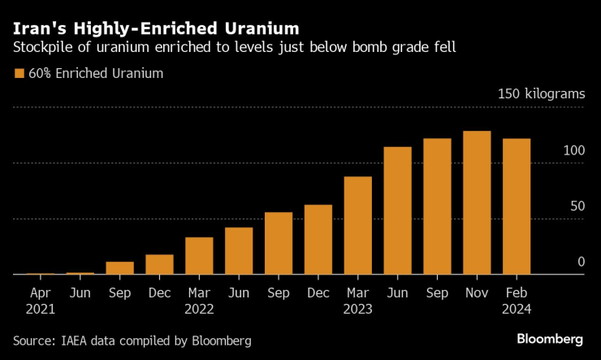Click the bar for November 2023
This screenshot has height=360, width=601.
pos(478,202)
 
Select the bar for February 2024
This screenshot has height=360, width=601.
pos(517,206)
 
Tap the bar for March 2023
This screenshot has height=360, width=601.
pos(358,225)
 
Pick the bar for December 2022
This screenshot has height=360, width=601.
pos(318,240)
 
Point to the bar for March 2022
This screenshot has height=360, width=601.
pos(199,256)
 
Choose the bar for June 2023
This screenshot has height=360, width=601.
pos(398,210)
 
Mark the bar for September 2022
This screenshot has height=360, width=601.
pos(279,243)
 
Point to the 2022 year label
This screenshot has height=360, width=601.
pos(199,308)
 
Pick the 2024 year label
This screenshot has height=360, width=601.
pos(517,308)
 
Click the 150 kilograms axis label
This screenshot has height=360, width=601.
pos(541,94)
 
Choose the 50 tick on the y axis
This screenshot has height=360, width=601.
pos(577,206)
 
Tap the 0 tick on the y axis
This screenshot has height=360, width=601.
pos(581,262)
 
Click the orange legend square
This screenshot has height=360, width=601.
pos(19,74)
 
